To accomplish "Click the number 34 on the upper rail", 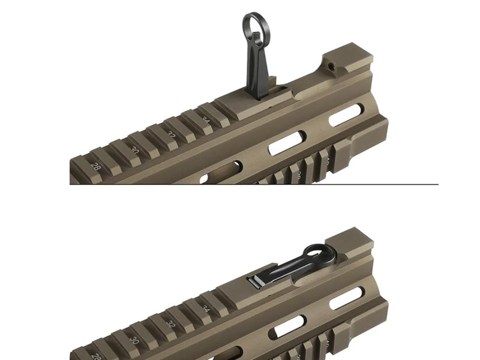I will click(x=206, y=122).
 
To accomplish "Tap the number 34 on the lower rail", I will click(x=206, y=310).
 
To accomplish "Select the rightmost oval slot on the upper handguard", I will click(x=346, y=115).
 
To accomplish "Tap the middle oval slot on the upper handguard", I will click(x=285, y=143).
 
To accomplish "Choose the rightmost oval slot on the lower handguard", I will click(x=346, y=298).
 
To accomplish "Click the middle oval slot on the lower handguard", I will click(x=286, y=326).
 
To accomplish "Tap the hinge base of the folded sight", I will click(x=256, y=280).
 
